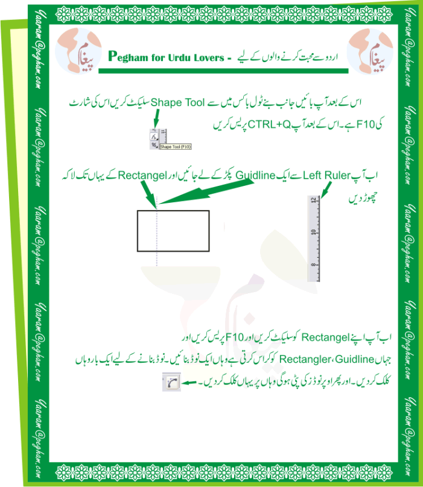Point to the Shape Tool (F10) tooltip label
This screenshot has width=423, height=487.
[176, 145]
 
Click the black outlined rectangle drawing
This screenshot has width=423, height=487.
[173, 231]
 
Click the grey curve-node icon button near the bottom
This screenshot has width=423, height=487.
[171, 381]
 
